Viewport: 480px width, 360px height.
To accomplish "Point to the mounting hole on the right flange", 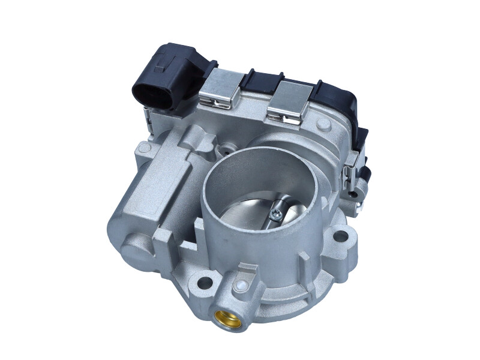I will (x=340, y=236).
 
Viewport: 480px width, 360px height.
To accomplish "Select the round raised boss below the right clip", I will (x=323, y=125).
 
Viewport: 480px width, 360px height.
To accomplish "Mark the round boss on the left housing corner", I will (x=143, y=148).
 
